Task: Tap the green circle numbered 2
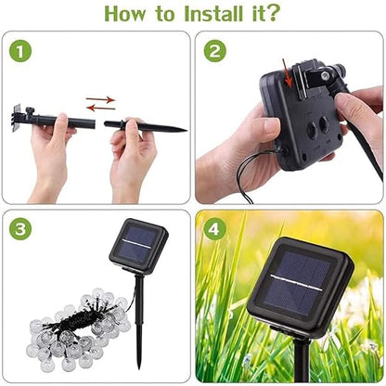pyautogui.click(x=215, y=52)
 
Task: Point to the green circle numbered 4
pyautogui.click(x=215, y=228)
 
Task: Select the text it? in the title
pyautogui.click(x=268, y=14)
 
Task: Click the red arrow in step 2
pyautogui.click(x=289, y=84)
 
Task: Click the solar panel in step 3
pyautogui.click(x=138, y=244)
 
